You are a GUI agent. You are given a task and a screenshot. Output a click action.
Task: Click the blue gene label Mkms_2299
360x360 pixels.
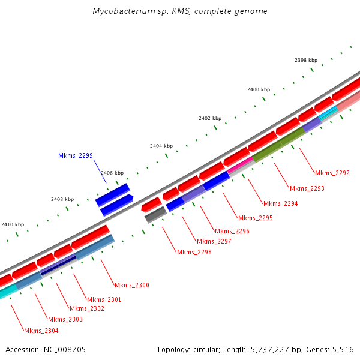pos(76,156)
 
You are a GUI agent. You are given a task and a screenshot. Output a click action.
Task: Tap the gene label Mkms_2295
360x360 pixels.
pos(255,218)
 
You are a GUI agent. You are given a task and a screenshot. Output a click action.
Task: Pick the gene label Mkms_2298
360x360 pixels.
pos(194,252)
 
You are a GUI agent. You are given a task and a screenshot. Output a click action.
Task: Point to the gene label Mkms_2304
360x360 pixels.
pos(41,331)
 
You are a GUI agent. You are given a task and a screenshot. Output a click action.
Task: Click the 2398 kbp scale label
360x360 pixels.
pos(305,60)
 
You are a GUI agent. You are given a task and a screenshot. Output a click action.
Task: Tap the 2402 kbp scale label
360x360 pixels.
pos(210,118)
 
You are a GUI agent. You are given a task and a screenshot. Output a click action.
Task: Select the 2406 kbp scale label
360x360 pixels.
pos(112,173)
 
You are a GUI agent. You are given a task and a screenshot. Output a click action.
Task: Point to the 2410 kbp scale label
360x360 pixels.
pos(13,224)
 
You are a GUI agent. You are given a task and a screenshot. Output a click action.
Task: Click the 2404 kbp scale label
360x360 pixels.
pos(161,146)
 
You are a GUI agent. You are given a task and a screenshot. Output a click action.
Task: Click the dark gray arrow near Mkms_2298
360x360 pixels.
pos(155,214)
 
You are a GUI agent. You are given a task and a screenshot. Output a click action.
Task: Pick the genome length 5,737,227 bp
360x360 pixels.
pos(268,349)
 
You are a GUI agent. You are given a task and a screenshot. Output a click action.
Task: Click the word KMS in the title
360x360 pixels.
pos(180,11)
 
